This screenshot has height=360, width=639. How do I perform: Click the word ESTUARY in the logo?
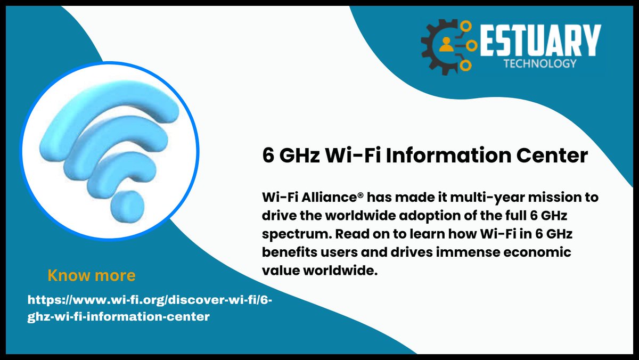point(540,39)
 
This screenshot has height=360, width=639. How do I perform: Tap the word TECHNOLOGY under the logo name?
point(540,63)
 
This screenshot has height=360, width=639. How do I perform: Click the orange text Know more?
point(91,275)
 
